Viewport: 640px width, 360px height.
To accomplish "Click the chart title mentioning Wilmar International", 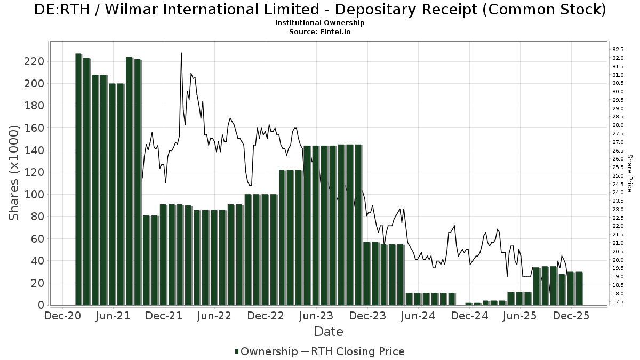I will pos(319,10).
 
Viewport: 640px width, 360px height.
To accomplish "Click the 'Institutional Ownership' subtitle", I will pos(319,23).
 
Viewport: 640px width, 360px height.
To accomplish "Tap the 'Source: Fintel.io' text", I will pos(319,32).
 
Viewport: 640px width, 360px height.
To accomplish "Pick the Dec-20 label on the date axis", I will pos(62,316).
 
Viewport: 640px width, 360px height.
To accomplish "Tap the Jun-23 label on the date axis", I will pos(316,316).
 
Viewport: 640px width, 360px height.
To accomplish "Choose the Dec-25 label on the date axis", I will pos(571,316).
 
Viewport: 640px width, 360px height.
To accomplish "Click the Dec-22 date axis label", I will pos(266,316).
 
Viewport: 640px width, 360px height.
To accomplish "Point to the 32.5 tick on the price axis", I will pos(619,49).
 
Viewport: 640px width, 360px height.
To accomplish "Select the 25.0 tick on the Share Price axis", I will pos(619,175).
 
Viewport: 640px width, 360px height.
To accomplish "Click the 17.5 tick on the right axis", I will pos(619,302).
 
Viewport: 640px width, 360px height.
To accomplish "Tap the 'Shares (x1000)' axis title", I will pos(14,173).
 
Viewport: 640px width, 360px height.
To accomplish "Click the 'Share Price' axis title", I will pos(629,173).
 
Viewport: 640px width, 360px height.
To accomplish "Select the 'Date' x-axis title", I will pos(329,332).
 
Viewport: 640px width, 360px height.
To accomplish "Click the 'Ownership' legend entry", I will pos(267,351).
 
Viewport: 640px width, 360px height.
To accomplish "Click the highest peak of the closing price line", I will pos(181,53).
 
